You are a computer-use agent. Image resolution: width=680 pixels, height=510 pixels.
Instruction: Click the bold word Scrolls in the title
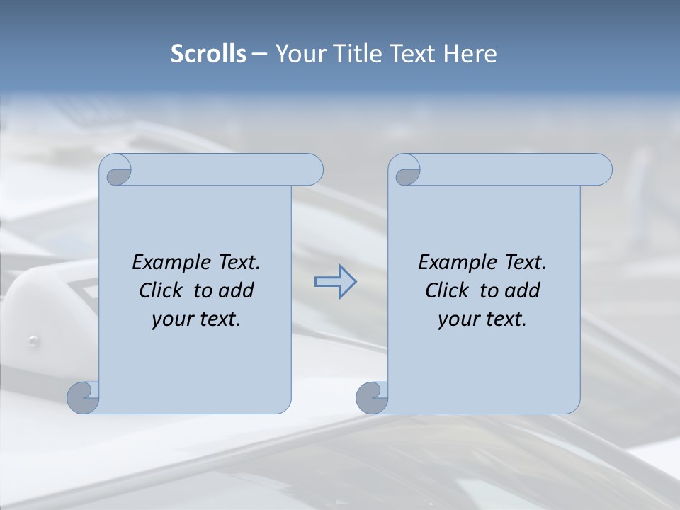coord(208,54)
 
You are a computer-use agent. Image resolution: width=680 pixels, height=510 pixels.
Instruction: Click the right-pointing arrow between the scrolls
coord(335,282)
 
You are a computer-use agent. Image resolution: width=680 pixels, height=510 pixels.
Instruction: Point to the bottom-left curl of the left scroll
coord(83,397)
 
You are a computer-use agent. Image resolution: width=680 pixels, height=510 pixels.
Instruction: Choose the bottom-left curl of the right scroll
coord(372,397)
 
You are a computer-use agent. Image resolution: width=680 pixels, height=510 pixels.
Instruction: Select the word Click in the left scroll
coord(161,291)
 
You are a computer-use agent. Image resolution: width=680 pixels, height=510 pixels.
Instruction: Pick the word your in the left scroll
coord(172,319)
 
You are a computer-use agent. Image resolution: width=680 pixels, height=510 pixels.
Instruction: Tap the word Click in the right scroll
coord(447,291)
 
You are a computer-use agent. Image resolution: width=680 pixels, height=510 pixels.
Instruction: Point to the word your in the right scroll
coord(458,319)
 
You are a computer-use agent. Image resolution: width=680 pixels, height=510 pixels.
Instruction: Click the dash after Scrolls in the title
coord(259,54)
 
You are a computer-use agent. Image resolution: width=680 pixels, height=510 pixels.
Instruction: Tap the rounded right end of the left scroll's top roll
coord(312,170)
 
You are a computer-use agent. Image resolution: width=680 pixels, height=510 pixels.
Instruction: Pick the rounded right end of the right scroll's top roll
coord(601,170)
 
